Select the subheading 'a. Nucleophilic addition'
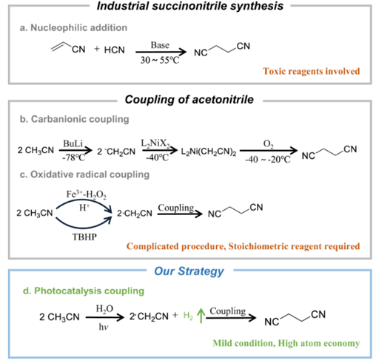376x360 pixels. point(80,27)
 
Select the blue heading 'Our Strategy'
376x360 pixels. point(189,271)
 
